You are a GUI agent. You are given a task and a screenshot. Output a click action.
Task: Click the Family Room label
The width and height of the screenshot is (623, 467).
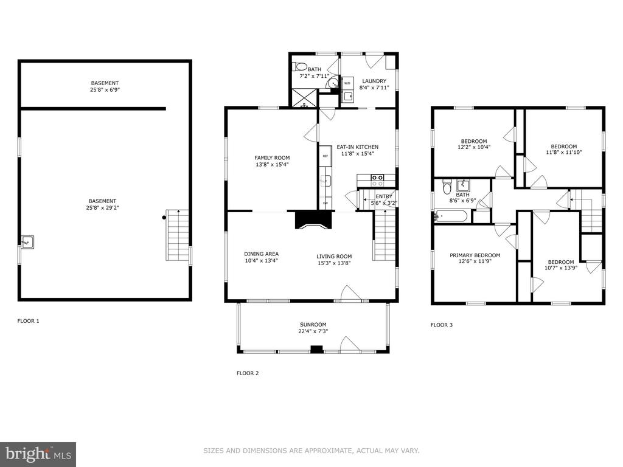point(272,157)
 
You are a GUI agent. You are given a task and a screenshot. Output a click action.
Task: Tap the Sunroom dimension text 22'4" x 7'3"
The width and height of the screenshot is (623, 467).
point(313,331)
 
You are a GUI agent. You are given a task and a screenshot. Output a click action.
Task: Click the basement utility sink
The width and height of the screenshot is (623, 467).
point(27,242)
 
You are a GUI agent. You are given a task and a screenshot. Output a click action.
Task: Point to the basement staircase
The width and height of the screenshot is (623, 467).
point(177,235)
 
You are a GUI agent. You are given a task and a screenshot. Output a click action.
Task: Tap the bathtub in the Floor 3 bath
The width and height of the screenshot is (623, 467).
point(451,216)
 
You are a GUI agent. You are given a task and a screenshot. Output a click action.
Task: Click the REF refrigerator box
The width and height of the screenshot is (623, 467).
point(325,156)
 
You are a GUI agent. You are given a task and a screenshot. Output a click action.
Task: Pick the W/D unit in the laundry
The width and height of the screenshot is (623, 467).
point(347,83)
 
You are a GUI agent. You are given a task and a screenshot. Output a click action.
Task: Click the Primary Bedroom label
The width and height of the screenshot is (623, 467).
point(475,255)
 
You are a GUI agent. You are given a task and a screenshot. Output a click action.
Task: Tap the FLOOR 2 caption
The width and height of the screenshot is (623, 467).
point(248,373)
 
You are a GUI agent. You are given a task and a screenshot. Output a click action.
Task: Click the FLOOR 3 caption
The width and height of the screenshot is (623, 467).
point(442,325)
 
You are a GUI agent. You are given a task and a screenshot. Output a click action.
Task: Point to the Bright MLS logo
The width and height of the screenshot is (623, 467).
point(38,454)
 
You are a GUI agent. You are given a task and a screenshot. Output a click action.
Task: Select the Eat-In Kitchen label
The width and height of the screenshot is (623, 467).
point(358,147)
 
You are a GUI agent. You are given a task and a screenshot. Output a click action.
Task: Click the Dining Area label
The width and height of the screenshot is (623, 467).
point(261,254)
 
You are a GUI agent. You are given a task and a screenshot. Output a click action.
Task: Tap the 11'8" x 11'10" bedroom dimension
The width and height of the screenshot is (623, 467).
point(564,151)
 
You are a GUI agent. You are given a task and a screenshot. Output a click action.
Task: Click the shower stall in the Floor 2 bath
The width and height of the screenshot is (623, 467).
point(305,98)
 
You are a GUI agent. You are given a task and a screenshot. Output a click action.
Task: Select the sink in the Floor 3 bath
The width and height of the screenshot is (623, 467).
point(463,185)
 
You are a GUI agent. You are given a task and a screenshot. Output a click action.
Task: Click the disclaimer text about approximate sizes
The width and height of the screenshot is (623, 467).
point(311,451)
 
